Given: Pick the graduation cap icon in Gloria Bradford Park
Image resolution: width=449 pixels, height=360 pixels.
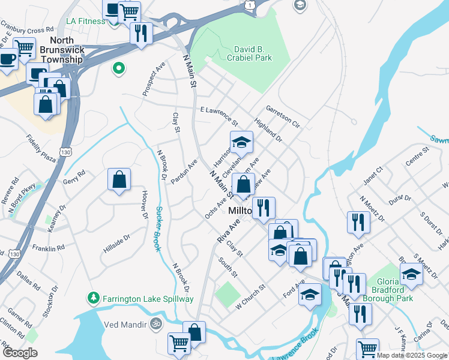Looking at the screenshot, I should coord(411,274).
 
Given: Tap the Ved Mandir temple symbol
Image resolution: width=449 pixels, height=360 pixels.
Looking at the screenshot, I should coord(156,323).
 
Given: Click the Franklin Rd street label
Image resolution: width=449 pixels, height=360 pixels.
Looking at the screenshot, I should coord(49,248).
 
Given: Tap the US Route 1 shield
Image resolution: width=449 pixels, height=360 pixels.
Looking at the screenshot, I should coord(249,5).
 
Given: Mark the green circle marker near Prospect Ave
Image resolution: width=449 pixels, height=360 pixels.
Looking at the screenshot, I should coord(119,68).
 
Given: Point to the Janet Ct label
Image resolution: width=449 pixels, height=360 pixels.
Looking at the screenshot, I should coord(372,176).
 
